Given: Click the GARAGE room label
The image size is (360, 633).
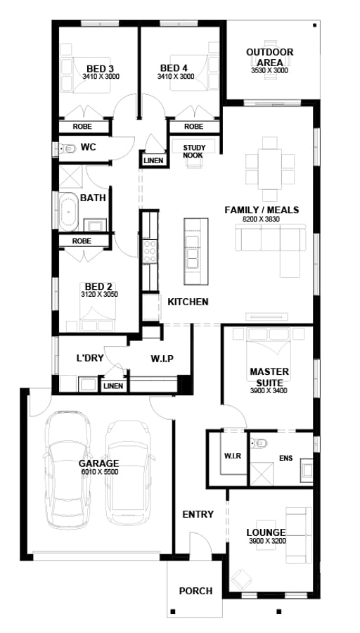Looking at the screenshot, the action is [98, 463].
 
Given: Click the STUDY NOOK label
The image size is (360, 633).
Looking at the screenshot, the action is [194, 151].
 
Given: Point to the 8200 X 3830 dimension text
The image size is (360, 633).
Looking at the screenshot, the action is [262, 219].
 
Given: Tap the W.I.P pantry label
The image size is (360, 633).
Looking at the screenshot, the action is [162, 359].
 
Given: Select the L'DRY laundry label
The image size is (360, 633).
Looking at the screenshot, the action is [91, 358].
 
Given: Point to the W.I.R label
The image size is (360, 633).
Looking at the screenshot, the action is [233, 456].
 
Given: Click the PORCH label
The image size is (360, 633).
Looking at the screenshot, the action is [195, 591].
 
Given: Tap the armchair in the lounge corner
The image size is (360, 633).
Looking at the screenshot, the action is [241, 580].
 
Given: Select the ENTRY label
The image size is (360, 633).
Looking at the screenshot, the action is [198, 514].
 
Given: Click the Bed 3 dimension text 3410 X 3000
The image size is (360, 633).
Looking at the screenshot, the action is [101, 76].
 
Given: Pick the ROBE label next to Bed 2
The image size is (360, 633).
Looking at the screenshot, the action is [82, 241].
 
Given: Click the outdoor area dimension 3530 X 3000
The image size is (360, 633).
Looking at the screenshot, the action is [269, 70].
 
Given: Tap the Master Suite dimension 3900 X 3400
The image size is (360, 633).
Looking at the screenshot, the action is [269, 391].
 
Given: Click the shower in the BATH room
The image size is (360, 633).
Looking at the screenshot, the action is [71, 177].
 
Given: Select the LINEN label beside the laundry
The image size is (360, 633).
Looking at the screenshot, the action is [113, 386].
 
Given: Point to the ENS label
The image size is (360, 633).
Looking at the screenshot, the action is [285, 459].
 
